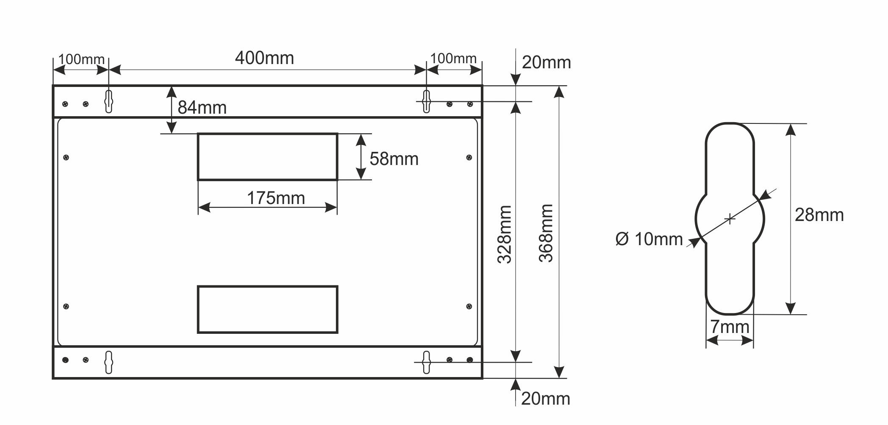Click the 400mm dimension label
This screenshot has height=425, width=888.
pos(264,58)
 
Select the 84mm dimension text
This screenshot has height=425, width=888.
pos(202,108)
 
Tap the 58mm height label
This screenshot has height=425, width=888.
pos(394,159)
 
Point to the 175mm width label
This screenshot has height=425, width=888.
pos(276,198)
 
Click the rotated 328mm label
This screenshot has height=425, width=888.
pos(505,234)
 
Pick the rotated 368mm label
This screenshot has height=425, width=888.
pos(546,233)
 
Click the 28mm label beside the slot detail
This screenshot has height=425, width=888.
pos(819,215)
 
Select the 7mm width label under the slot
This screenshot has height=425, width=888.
pos(730,327)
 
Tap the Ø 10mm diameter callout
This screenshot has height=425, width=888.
pos(649,239)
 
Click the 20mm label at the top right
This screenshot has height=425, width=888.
pos(547,63)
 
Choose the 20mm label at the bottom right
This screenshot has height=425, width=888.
pos(546,399)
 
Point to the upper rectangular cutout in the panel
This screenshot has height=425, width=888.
pos(268,157)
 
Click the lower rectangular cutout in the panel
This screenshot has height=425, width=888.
pos(268,310)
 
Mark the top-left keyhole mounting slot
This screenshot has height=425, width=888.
pos(109,101)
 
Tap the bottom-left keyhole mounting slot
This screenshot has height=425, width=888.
pos(109,362)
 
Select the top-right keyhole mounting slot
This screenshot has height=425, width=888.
pos(426,101)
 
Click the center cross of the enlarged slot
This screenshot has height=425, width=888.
pos(730,219)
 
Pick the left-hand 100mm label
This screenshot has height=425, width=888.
pos(81,59)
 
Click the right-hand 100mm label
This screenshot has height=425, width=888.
pos(453,59)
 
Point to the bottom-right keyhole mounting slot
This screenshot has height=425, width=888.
pos(426,362)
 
